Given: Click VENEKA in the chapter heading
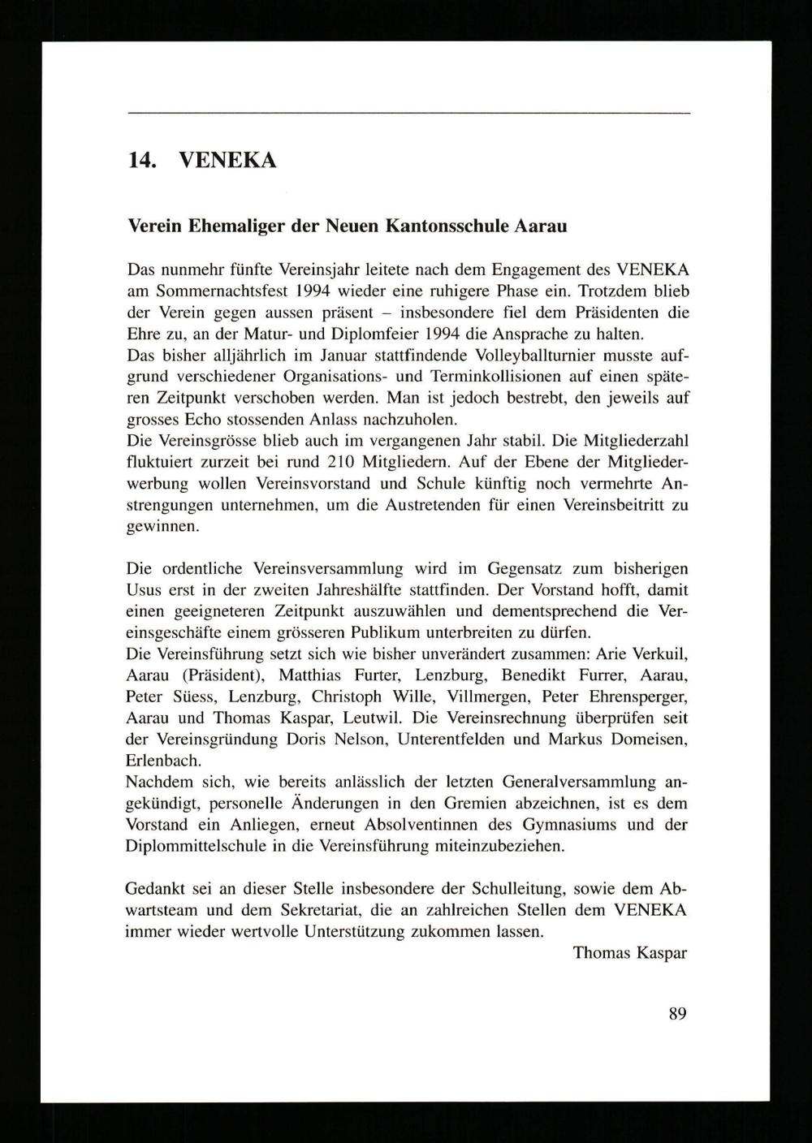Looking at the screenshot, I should (x=228, y=160).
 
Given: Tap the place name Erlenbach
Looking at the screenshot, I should (x=163, y=761).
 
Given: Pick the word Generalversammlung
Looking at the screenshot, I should (x=579, y=783).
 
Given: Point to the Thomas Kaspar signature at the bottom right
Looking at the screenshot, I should (x=629, y=953).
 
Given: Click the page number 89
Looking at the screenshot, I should (x=678, y=1013).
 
